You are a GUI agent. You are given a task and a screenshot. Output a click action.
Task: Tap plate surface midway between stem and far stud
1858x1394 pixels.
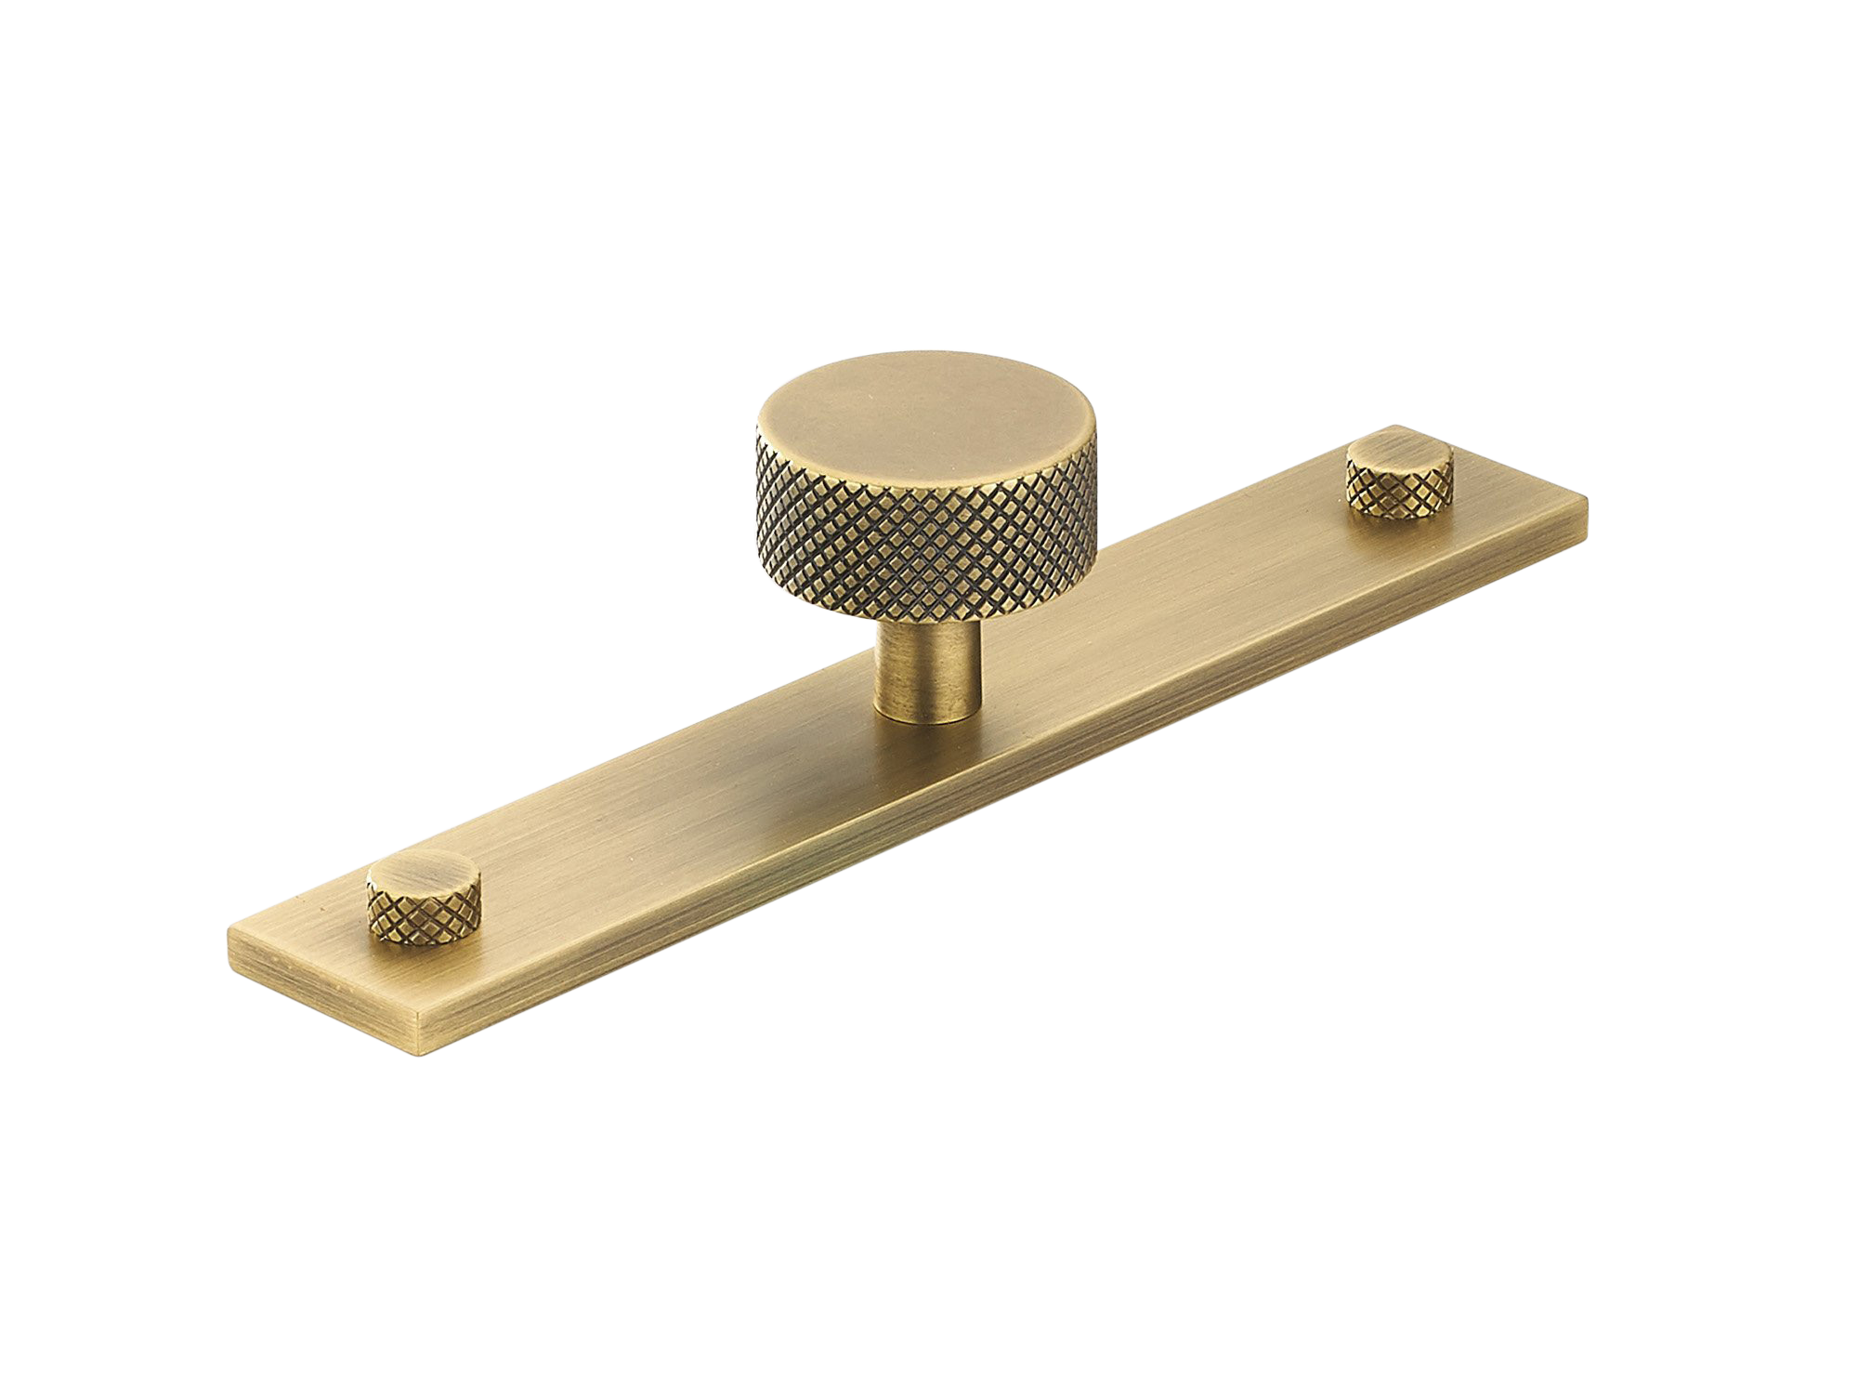tap(1161, 604)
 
